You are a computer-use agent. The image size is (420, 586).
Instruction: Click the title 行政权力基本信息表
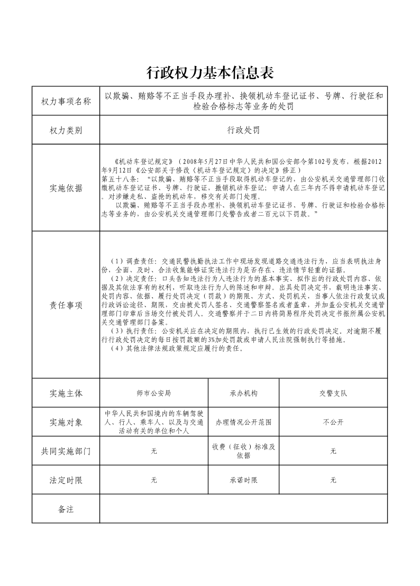(209, 72)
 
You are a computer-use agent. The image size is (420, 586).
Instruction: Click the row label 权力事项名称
(66, 101)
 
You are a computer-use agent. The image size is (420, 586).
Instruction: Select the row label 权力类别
(66, 130)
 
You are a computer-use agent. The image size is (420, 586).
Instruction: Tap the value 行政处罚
(243, 130)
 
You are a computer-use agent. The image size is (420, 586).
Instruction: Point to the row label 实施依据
(66, 188)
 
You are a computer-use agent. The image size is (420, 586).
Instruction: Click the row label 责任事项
(66, 305)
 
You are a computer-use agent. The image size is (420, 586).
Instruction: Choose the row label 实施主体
(66, 393)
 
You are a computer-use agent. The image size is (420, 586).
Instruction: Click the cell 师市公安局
(154, 393)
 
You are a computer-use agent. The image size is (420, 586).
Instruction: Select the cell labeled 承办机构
(243, 393)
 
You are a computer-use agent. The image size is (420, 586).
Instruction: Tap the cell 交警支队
(333, 393)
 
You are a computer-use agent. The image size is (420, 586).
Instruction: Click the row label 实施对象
(66, 422)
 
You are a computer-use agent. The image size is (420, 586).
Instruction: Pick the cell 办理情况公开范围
(243, 422)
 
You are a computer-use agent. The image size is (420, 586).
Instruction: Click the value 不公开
(333, 422)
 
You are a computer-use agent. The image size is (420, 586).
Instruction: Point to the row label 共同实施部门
(66, 451)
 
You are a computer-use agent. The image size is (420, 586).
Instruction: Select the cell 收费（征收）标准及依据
(243, 451)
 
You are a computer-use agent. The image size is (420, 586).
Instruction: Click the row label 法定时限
(66, 480)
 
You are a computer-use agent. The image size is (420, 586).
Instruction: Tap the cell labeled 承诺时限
(243, 480)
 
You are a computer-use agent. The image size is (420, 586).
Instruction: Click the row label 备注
(66, 509)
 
